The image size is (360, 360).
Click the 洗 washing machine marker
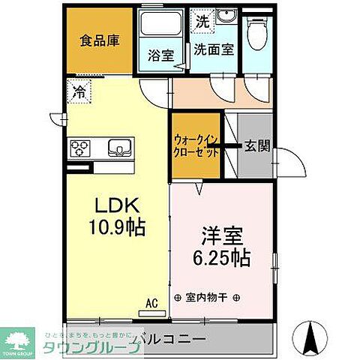200,21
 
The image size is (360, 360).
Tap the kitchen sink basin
119,145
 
